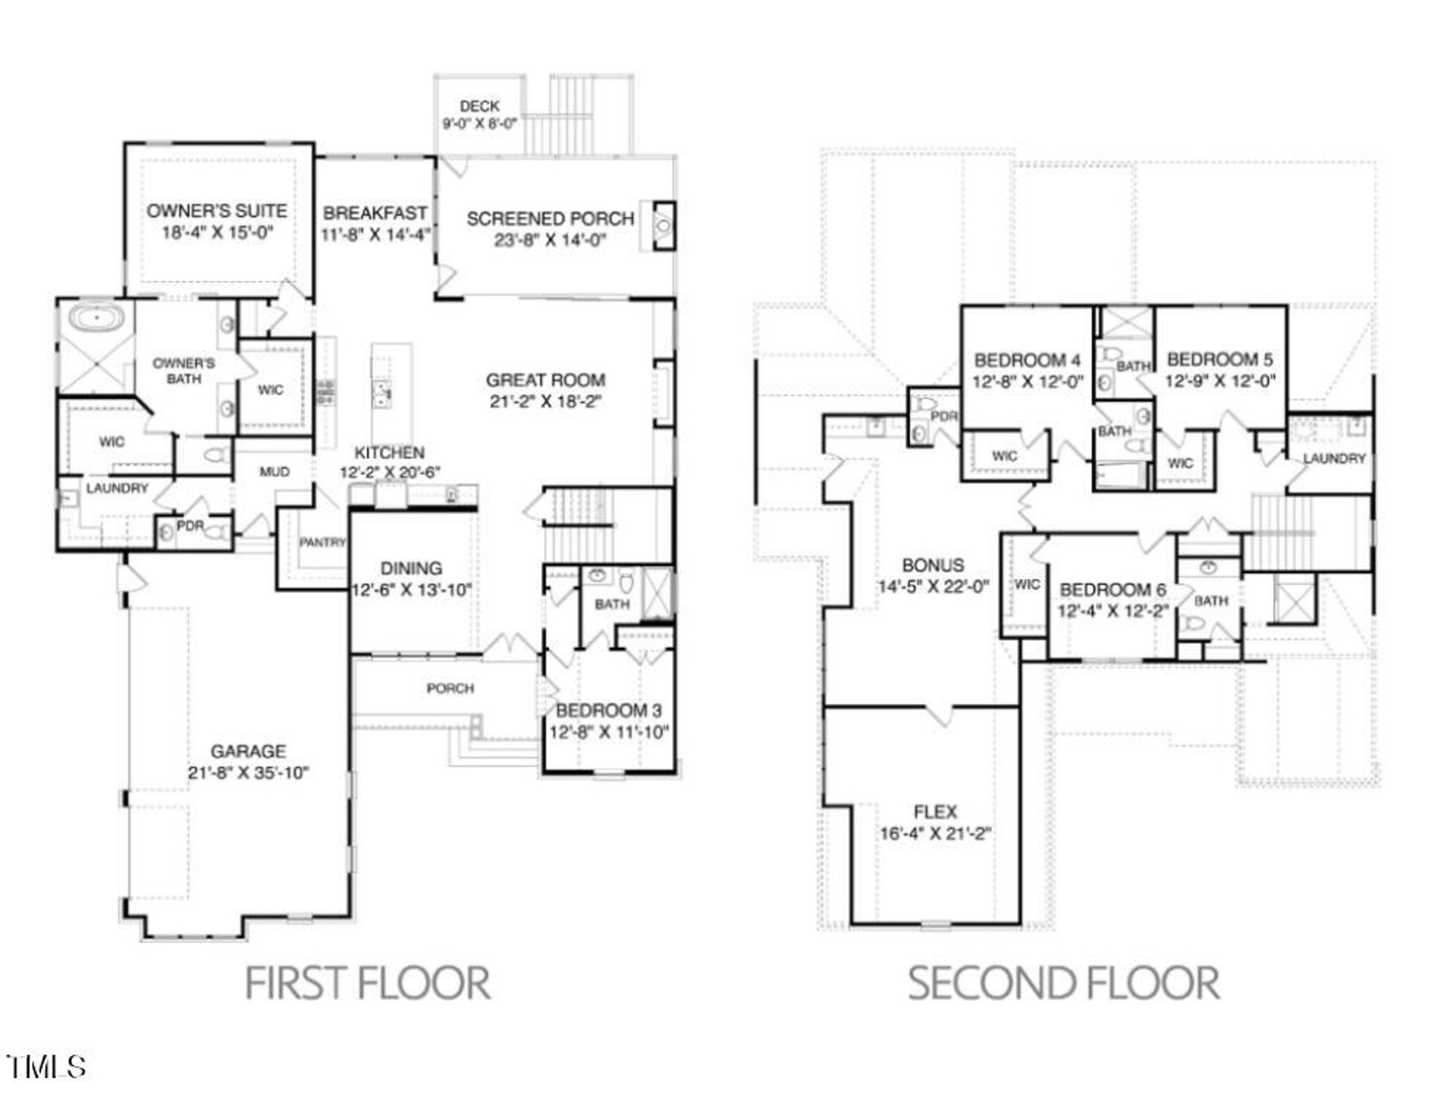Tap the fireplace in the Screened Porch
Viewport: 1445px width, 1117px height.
pos(663,225)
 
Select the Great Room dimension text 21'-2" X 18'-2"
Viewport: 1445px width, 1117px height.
pos(546,402)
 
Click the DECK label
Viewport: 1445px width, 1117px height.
pos(479,106)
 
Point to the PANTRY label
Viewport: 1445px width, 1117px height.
pos(322,542)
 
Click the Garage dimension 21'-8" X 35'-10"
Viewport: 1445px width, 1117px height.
pos(248,773)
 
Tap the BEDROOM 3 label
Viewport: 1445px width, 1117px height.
pos(609,710)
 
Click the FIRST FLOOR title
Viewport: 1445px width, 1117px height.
pos(368,983)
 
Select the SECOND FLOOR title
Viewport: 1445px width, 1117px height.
pos(1063,983)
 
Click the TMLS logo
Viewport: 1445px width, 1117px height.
pos(46,1067)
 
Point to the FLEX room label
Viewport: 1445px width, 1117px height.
pos(935,812)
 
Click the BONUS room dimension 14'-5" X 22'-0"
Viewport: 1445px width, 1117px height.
pos(933,587)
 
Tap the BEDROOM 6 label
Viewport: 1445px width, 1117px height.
pos(1113,590)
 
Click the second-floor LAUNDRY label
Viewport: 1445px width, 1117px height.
pos(1334,458)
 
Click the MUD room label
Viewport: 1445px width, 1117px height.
pos(274,472)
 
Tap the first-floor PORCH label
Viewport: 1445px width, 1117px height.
pos(450,688)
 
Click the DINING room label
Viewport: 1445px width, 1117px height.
pos(411,569)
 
